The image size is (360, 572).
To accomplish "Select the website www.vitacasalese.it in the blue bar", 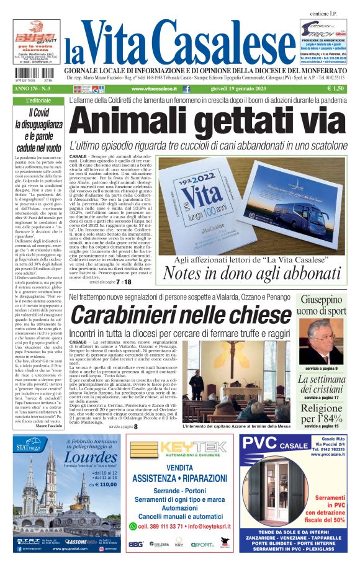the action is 153,89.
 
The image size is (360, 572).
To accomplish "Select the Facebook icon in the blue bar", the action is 186,89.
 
